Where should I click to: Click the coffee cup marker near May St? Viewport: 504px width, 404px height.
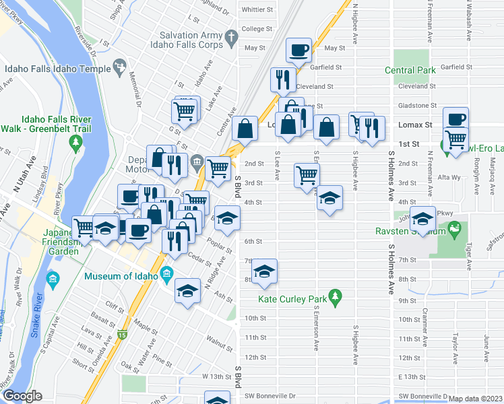(298, 50)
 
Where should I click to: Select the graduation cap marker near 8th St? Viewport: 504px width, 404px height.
(264, 271)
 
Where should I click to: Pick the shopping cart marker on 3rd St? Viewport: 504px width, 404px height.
(307, 175)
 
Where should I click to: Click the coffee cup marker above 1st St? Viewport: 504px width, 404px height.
(455, 119)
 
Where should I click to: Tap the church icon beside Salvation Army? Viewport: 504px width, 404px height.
(231, 38)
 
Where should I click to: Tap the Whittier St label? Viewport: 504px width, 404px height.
(257, 10)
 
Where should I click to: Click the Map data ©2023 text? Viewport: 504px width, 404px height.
(475, 398)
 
